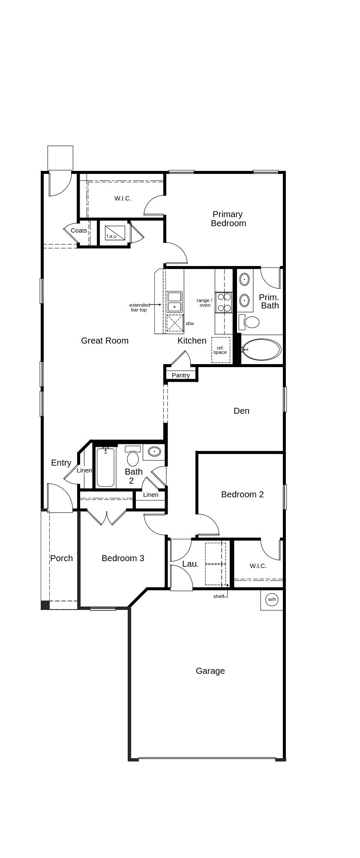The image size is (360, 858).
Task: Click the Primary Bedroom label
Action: (228, 218)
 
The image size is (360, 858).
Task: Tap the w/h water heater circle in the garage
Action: (272, 599)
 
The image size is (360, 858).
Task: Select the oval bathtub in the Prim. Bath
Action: (261, 350)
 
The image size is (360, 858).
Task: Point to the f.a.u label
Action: (111, 236)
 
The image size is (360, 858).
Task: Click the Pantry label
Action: (180, 375)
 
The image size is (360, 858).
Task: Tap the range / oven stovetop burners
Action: (224, 302)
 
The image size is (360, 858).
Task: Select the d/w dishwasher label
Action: (190, 323)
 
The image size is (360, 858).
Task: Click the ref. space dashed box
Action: (220, 350)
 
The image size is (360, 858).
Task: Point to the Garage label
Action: (210, 671)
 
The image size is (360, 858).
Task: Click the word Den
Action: (241, 411)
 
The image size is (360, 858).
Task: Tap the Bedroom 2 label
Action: (242, 494)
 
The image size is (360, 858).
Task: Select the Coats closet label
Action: (79, 230)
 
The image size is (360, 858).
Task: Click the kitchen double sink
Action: (174, 302)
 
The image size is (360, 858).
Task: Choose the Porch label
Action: (61, 558)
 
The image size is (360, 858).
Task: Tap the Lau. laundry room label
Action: (190, 564)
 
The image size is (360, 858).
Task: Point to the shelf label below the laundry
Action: (219, 596)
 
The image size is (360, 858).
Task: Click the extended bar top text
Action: (139, 307)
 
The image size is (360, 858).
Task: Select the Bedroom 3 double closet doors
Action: (107, 517)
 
